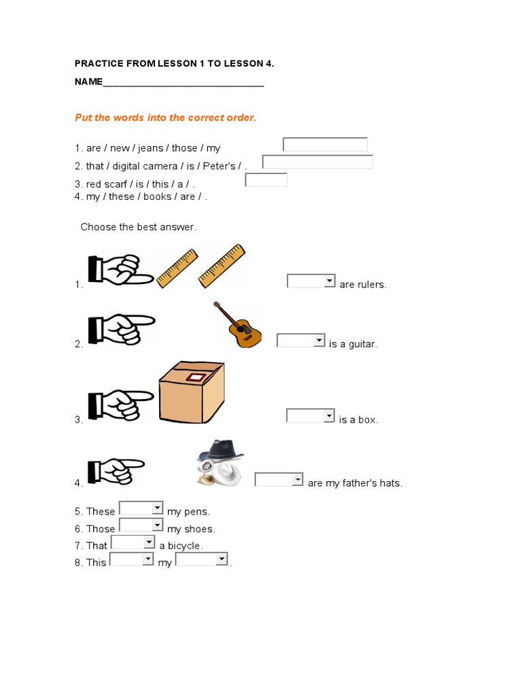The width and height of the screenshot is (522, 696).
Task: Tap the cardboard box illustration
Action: (x=191, y=392)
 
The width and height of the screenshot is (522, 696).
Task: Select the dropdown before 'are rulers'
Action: (x=311, y=281)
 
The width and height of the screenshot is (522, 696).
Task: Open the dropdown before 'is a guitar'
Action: (x=301, y=341)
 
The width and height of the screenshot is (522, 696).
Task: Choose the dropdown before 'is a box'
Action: (x=311, y=415)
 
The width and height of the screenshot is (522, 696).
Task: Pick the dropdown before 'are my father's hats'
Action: (x=279, y=480)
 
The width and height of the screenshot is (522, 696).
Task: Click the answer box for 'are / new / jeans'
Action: (x=325, y=144)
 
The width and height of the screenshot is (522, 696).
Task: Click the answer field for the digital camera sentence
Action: (x=317, y=162)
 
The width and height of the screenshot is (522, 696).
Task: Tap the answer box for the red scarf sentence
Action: (x=266, y=180)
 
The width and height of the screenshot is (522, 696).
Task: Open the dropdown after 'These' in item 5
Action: (x=141, y=508)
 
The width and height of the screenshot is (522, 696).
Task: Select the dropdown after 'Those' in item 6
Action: (x=141, y=525)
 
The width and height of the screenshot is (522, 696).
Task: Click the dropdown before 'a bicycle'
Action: (x=133, y=542)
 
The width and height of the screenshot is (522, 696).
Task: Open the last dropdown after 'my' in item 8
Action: (x=202, y=559)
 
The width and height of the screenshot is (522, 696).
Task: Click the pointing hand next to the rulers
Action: (x=120, y=269)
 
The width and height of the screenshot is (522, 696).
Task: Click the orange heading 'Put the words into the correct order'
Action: (x=165, y=118)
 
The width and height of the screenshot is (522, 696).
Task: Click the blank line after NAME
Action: (x=183, y=83)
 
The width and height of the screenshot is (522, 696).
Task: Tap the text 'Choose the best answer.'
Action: (x=139, y=227)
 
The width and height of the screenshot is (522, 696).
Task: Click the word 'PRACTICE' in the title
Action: (x=97, y=64)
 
